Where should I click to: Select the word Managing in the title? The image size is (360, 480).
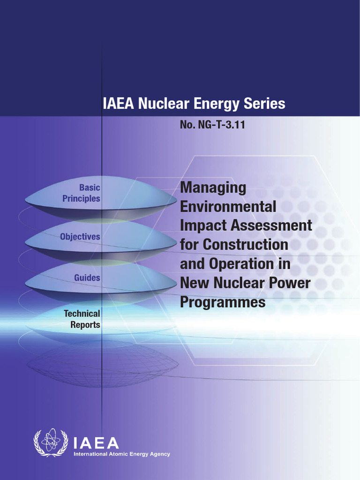click(x=213, y=188)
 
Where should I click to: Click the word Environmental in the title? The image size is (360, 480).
click(x=228, y=207)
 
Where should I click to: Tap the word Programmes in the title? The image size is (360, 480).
click(x=223, y=302)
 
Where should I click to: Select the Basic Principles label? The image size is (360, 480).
click(x=82, y=193)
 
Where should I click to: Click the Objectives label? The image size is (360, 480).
click(x=80, y=237)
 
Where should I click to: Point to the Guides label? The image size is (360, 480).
click(x=87, y=277)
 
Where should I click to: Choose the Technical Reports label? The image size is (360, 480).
click(x=82, y=319)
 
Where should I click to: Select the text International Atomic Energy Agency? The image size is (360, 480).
click(x=121, y=454)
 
